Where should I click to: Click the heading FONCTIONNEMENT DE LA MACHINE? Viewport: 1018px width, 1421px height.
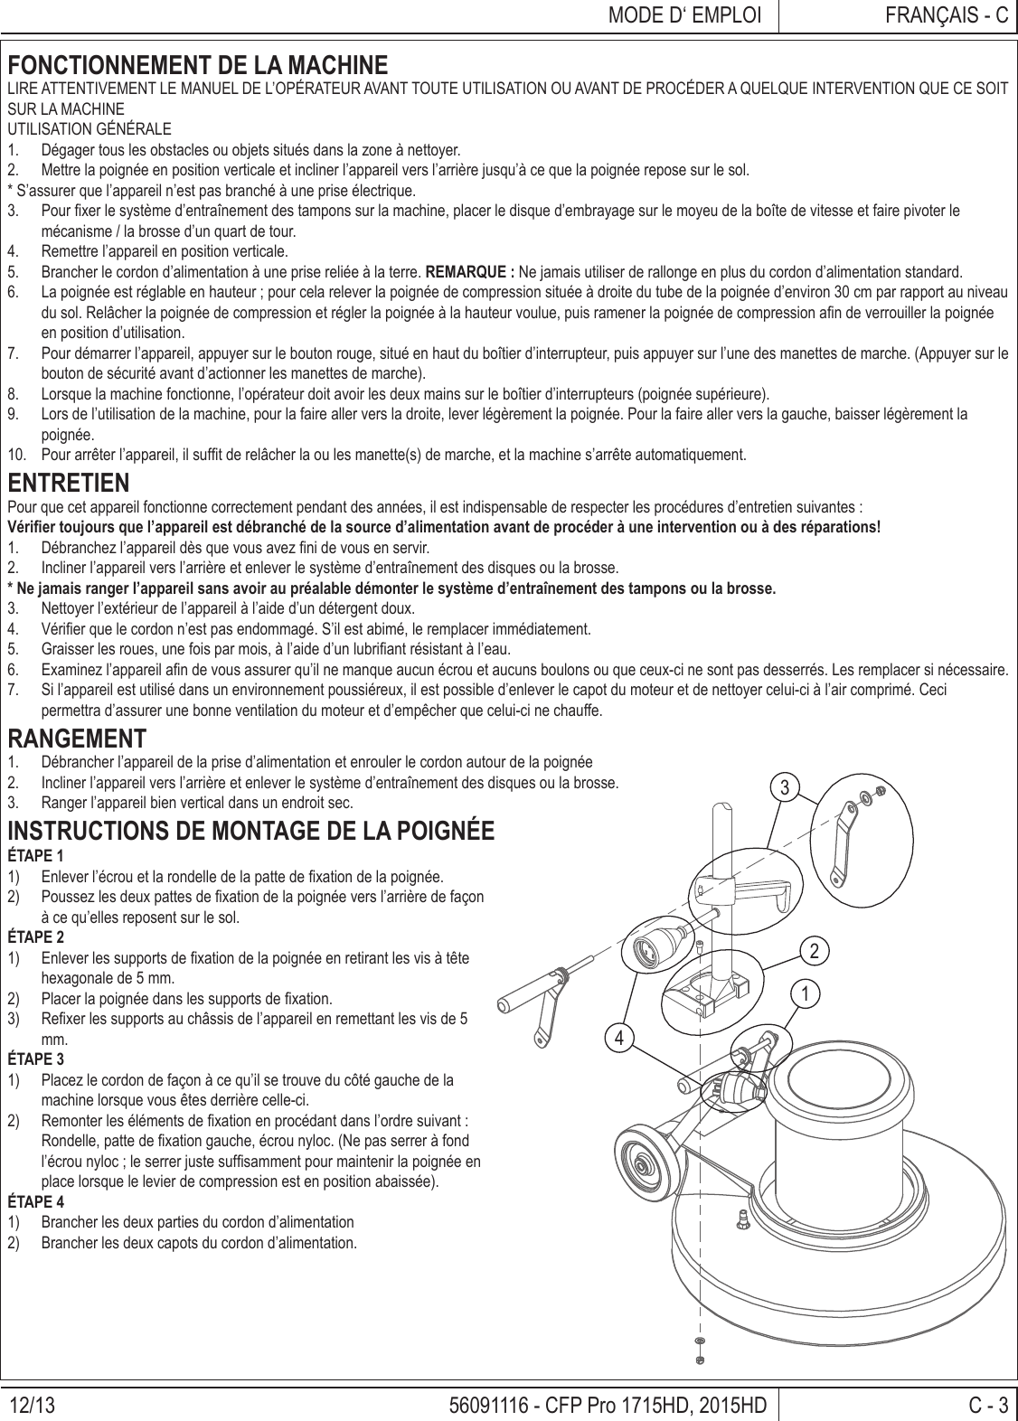click(198, 66)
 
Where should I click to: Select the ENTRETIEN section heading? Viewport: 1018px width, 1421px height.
click(68, 482)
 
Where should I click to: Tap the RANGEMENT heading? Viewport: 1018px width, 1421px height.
click(77, 739)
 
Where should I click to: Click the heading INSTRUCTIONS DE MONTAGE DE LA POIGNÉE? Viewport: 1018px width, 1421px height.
click(250, 831)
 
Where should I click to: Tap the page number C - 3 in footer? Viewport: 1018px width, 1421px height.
click(987, 1406)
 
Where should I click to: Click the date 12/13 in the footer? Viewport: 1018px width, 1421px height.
click(33, 1406)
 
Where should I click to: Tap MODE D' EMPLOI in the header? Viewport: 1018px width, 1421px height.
click(683, 15)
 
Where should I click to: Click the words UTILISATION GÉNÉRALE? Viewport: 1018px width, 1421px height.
click(90, 128)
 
